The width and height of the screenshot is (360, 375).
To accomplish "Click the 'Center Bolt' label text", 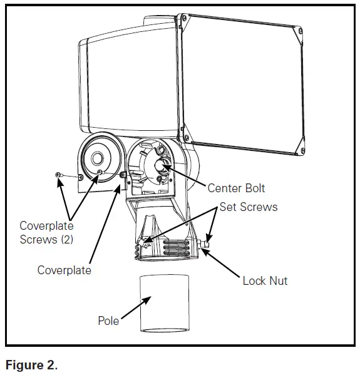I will tap(236, 188).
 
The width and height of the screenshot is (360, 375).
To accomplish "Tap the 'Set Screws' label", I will tap(249, 207).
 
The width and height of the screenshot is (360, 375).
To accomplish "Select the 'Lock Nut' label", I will tap(265, 280).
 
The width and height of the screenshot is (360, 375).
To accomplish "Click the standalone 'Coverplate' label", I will tap(64, 270).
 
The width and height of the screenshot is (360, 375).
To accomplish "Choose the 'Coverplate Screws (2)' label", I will tap(46, 232).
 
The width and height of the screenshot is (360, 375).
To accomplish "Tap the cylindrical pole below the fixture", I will tap(163, 304).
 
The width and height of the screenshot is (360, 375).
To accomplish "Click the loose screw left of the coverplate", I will tap(58, 174).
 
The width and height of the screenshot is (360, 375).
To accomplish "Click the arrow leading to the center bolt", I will tap(187, 176).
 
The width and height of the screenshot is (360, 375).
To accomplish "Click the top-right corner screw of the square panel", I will tap(301, 31).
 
